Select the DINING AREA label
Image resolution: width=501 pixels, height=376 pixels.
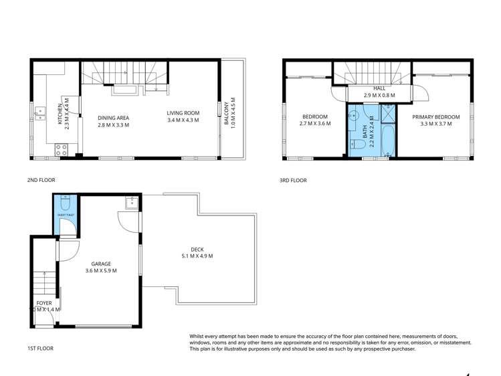[x=113, y=118]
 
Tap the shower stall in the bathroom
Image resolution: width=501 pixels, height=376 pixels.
[x=387, y=116]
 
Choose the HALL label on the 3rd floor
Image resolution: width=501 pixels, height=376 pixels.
[x=379, y=88]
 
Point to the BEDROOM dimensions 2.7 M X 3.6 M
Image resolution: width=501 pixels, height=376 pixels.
[x=315, y=124]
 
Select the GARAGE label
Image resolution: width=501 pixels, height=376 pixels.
[x=98, y=264]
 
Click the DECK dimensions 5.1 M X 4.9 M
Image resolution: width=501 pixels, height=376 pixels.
[x=197, y=256]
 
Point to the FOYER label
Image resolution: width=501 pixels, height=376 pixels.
[x=44, y=303]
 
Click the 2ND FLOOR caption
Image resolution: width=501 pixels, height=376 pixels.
[x=41, y=180]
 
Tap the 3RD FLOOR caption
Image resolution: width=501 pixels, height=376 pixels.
[x=293, y=180]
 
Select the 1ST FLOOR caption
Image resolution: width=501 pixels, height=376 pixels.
[x=40, y=348]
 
